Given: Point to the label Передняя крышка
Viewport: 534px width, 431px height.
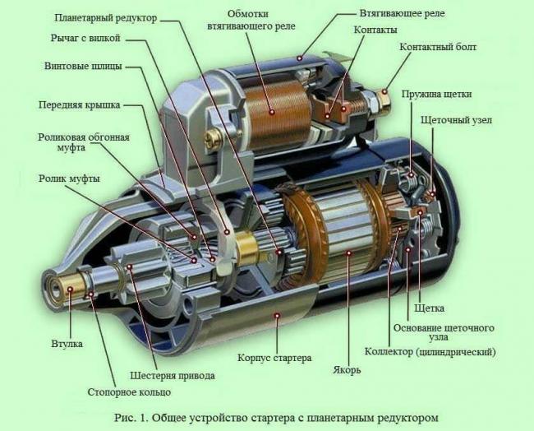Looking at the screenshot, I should click(79, 105).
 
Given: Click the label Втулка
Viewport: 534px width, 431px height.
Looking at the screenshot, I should click(67, 343).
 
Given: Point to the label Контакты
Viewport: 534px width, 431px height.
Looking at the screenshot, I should click(375, 30).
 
